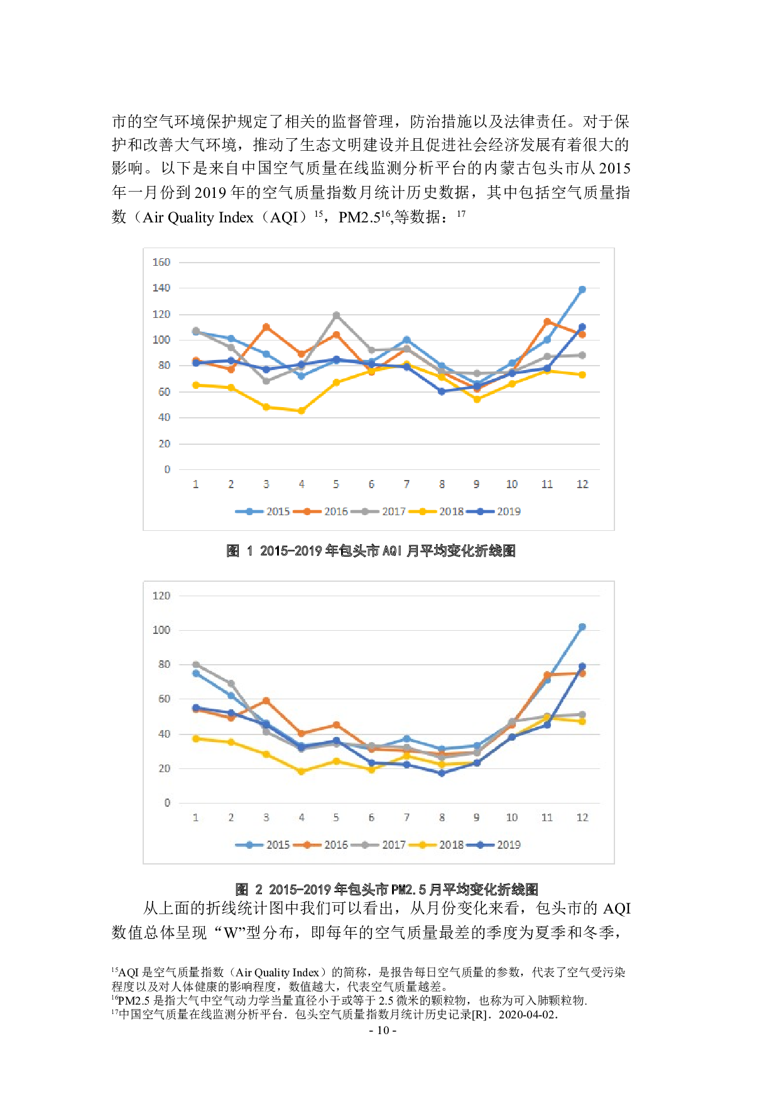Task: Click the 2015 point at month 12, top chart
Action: [x=582, y=290]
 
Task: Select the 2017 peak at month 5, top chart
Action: [x=336, y=315]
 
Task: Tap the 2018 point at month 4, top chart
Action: [x=302, y=411]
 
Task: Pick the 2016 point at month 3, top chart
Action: [x=266, y=327]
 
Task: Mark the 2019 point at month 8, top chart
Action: [x=442, y=391]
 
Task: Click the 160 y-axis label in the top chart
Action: [x=161, y=262]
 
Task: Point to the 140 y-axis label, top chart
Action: [x=161, y=288]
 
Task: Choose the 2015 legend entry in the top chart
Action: [x=263, y=511]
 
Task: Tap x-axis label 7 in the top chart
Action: [x=406, y=484]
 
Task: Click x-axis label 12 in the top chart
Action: [x=582, y=484]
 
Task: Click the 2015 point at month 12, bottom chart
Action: [x=582, y=627]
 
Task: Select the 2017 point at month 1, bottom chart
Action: [x=196, y=665]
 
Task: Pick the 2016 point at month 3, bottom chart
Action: [x=266, y=701]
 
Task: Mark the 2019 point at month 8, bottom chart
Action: [x=442, y=773]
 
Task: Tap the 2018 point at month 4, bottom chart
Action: [x=302, y=772]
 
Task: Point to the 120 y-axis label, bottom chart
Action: [x=161, y=596]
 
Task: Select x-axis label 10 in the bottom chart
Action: [x=512, y=817]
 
